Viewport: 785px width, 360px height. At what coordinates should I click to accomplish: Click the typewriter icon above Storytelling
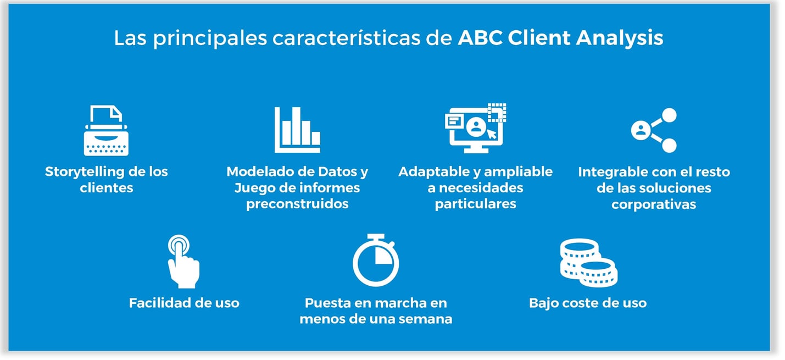pos(106,131)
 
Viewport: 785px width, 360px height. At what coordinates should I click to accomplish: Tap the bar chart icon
pos(297,130)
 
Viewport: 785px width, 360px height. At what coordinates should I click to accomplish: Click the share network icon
pos(654,130)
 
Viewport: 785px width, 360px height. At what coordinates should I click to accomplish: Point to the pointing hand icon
pos(183,261)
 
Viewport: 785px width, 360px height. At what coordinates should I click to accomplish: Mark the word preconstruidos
pos(297,204)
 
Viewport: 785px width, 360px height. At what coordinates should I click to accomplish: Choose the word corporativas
pos(654,204)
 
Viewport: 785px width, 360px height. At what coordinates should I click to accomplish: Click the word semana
pos(425,319)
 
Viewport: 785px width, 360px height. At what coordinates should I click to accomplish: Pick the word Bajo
pos(543,303)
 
